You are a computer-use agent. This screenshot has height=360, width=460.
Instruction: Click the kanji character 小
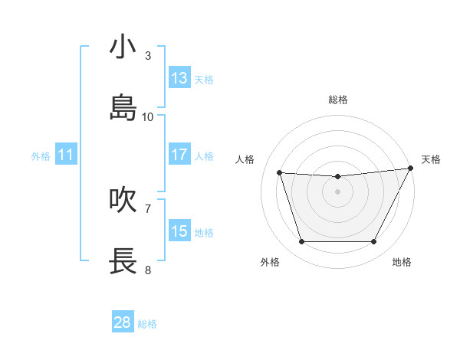pos(123,47)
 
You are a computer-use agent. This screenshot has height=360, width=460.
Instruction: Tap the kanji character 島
pos(123,108)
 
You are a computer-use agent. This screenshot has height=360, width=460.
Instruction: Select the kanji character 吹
pos(123,200)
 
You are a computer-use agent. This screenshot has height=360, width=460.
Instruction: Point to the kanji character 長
pos(123,261)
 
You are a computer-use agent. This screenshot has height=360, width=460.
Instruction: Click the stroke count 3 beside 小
pos(148,56)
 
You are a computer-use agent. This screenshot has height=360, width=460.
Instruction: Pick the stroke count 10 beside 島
pos(148,117)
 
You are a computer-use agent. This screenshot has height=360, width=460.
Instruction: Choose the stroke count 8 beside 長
pos(148,270)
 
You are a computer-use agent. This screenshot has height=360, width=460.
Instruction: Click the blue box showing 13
pos(179,77)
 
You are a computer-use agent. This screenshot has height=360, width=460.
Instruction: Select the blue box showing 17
pos(179,154)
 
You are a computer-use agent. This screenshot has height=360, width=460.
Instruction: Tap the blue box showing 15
pos(179,231)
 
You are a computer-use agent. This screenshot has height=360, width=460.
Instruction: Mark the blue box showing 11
pos(66,154)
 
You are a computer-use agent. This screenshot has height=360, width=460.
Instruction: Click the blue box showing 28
pos(123,322)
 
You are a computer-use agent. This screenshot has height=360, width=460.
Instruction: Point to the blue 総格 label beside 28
pos(147,324)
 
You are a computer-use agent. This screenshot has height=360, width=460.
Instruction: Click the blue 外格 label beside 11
pos(41,156)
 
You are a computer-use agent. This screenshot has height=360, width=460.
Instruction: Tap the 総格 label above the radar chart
pos(338,100)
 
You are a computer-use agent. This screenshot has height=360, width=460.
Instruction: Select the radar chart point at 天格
pos(411,169)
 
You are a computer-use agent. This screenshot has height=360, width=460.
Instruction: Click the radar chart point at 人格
pos(280,173)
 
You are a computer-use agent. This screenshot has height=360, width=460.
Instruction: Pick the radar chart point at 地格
pos(374,242)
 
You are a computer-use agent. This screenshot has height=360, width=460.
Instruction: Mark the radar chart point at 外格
pos(301,242)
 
